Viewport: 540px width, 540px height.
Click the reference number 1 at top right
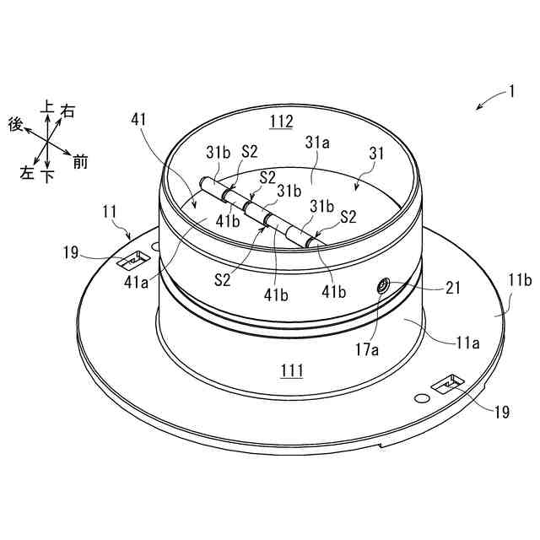(510, 91)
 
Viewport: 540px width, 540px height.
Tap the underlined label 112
(281, 122)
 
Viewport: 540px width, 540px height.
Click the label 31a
(317, 144)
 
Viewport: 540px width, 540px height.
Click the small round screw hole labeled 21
(384, 288)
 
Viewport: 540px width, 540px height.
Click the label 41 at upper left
(140, 121)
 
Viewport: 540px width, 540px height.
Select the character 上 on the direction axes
(47, 107)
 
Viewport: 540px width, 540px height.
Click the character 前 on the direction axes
(80, 162)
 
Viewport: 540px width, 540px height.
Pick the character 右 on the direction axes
(68, 110)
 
